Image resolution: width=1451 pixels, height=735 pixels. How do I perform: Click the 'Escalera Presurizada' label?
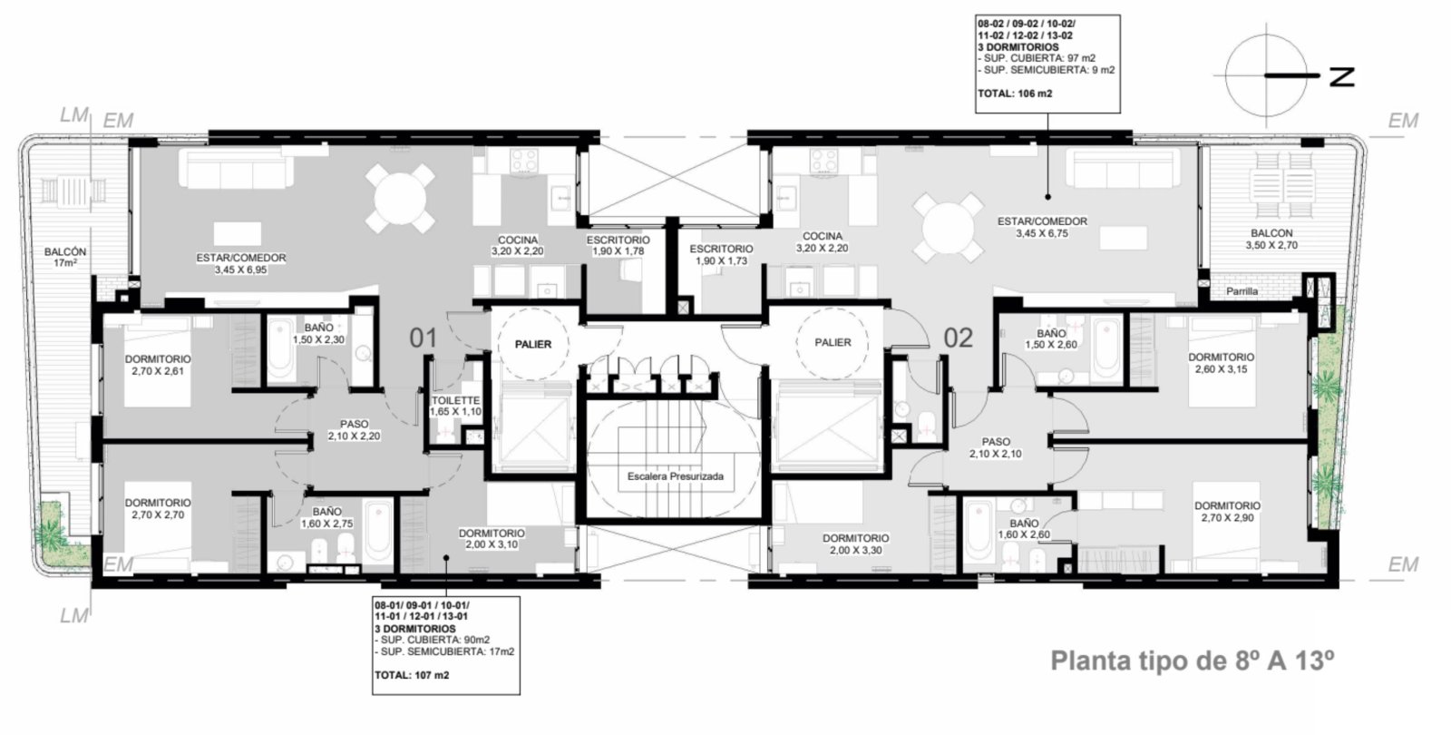pyautogui.click(x=675, y=476)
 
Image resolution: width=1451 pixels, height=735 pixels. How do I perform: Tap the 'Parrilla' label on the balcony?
pyautogui.click(x=1242, y=291)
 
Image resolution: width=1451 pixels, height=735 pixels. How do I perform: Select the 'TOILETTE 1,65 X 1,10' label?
pyautogui.click(x=455, y=407)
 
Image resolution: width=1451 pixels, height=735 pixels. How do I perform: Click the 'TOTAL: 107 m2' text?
pyautogui.click(x=412, y=675)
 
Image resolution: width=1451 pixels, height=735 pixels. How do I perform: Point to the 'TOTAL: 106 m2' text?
pyautogui.click(x=1015, y=93)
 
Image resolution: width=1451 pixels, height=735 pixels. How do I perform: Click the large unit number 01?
pyautogui.click(x=423, y=338)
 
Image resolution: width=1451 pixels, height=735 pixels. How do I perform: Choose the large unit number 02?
pyautogui.click(x=958, y=338)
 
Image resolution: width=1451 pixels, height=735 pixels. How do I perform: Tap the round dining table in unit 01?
pyautogui.click(x=400, y=199)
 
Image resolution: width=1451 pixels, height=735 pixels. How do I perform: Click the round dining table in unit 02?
pyautogui.click(x=948, y=228)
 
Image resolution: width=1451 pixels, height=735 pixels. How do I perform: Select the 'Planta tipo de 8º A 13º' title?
pyautogui.click(x=1192, y=661)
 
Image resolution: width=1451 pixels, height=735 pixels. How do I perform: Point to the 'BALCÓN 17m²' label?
pyautogui.click(x=64, y=258)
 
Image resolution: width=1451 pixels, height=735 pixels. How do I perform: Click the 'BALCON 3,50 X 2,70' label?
pyautogui.click(x=1271, y=240)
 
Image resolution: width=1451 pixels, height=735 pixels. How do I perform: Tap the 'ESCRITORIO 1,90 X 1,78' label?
pyautogui.click(x=618, y=246)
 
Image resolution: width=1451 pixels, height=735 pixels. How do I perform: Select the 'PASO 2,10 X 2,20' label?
pyautogui.click(x=354, y=430)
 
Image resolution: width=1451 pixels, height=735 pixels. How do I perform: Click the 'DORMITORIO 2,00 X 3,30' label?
pyautogui.click(x=856, y=544)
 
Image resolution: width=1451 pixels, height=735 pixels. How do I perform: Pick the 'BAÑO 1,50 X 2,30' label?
pyautogui.click(x=318, y=334)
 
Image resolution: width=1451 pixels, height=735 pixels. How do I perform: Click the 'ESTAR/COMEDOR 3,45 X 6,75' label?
pyautogui.click(x=1042, y=228)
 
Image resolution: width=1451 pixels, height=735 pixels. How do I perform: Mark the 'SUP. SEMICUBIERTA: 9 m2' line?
pyautogui.click(x=1047, y=70)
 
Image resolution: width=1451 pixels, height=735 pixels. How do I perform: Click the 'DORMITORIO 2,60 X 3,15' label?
pyautogui.click(x=1221, y=363)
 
